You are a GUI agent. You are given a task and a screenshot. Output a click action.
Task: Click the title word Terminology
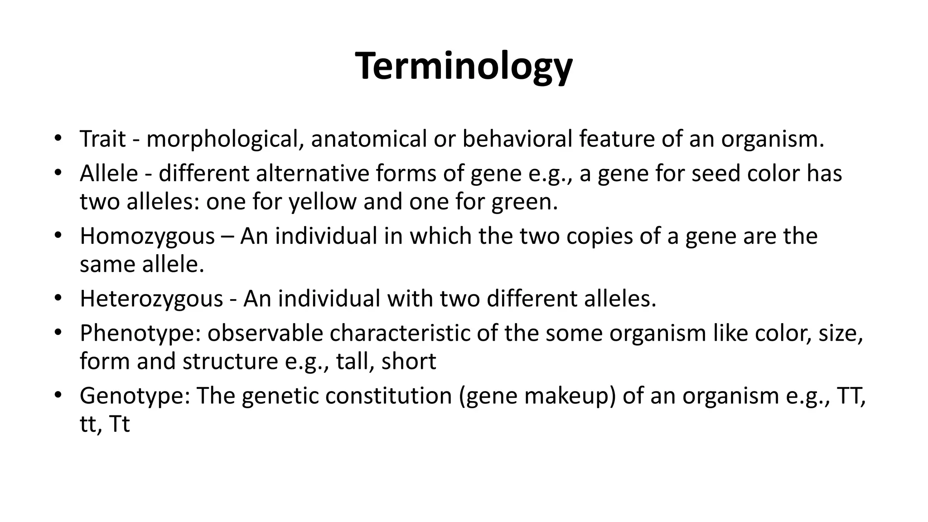(x=464, y=67)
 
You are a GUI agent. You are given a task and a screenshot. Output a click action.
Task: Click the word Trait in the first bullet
(x=102, y=139)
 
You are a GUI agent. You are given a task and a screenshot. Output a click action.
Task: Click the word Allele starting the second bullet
(x=109, y=174)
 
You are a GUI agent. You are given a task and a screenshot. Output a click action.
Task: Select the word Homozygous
(x=147, y=237)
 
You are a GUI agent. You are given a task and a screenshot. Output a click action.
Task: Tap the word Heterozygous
(x=151, y=299)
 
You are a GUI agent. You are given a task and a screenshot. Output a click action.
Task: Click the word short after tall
(x=408, y=362)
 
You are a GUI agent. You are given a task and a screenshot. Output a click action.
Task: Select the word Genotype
(x=134, y=396)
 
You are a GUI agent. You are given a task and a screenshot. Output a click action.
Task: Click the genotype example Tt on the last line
(x=119, y=424)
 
